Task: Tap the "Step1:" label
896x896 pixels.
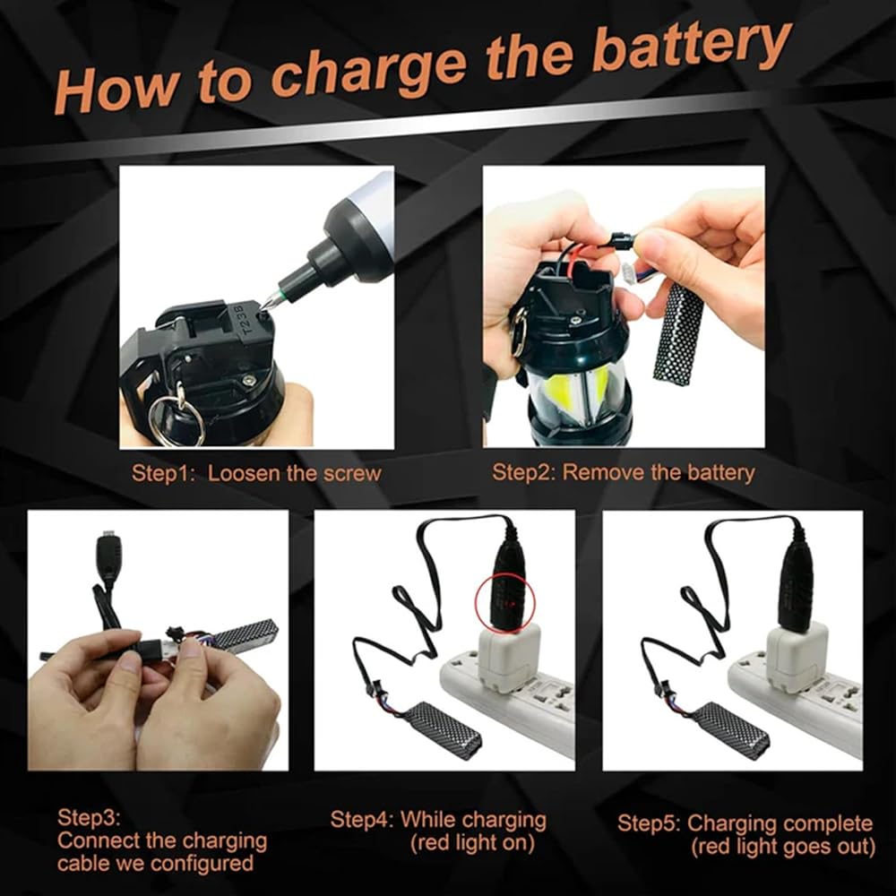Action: [x=164, y=474]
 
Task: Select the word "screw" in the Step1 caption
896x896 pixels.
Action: [x=352, y=474]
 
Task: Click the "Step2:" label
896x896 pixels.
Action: [x=524, y=472]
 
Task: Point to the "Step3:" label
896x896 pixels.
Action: [x=89, y=818]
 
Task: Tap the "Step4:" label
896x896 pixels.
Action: [x=362, y=820]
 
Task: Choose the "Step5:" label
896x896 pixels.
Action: [x=649, y=823]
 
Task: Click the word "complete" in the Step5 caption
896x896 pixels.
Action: [x=828, y=824]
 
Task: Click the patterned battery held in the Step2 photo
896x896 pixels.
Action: [x=677, y=332]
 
